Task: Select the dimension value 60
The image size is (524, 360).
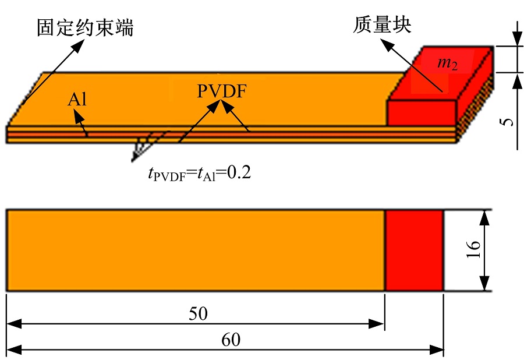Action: pyautogui.click(x=230, y=340)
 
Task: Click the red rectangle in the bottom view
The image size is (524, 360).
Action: pyautogui.click(x=415, y=250)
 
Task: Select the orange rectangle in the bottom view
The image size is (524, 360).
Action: pyautogui.click(x=195, y=250)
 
